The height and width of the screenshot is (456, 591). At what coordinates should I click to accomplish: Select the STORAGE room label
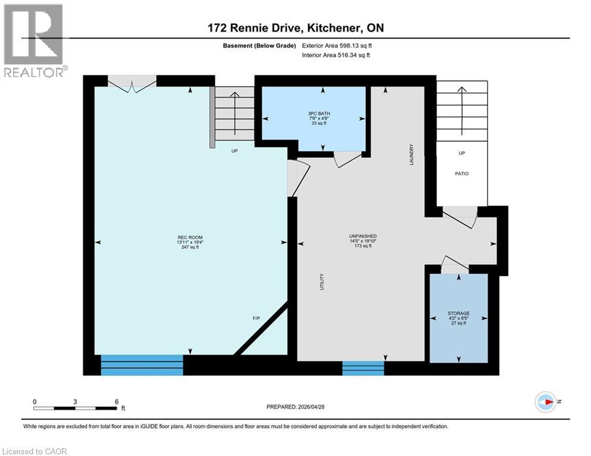click(x=459, y=313)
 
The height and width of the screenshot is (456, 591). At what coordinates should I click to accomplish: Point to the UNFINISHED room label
click(x=363, y=236)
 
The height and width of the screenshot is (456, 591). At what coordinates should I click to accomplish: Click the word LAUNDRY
click(x=411, y=154)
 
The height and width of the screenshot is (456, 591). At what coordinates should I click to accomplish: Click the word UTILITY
click(x=322, y=281)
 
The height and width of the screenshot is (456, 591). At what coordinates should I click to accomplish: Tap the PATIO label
click(x=462, y=174)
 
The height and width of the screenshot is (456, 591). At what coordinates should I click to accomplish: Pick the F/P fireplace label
click(x=256, y=319)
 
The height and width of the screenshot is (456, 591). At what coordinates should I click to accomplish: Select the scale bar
click(x=75, y=407)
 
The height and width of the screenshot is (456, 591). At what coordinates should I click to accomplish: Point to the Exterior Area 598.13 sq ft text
click(x=337, y=45)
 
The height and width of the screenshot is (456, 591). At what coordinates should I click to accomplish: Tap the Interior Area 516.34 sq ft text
click(x=337, y=55)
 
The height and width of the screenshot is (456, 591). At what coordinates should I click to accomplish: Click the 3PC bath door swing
click(x=347, y=159)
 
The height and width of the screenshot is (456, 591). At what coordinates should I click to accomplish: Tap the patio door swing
click(x=460, y=217)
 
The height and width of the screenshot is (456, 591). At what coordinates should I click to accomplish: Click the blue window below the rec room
click(x=142, y=365)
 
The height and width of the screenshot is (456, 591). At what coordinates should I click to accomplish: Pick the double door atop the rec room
click(x=132, y=84)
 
